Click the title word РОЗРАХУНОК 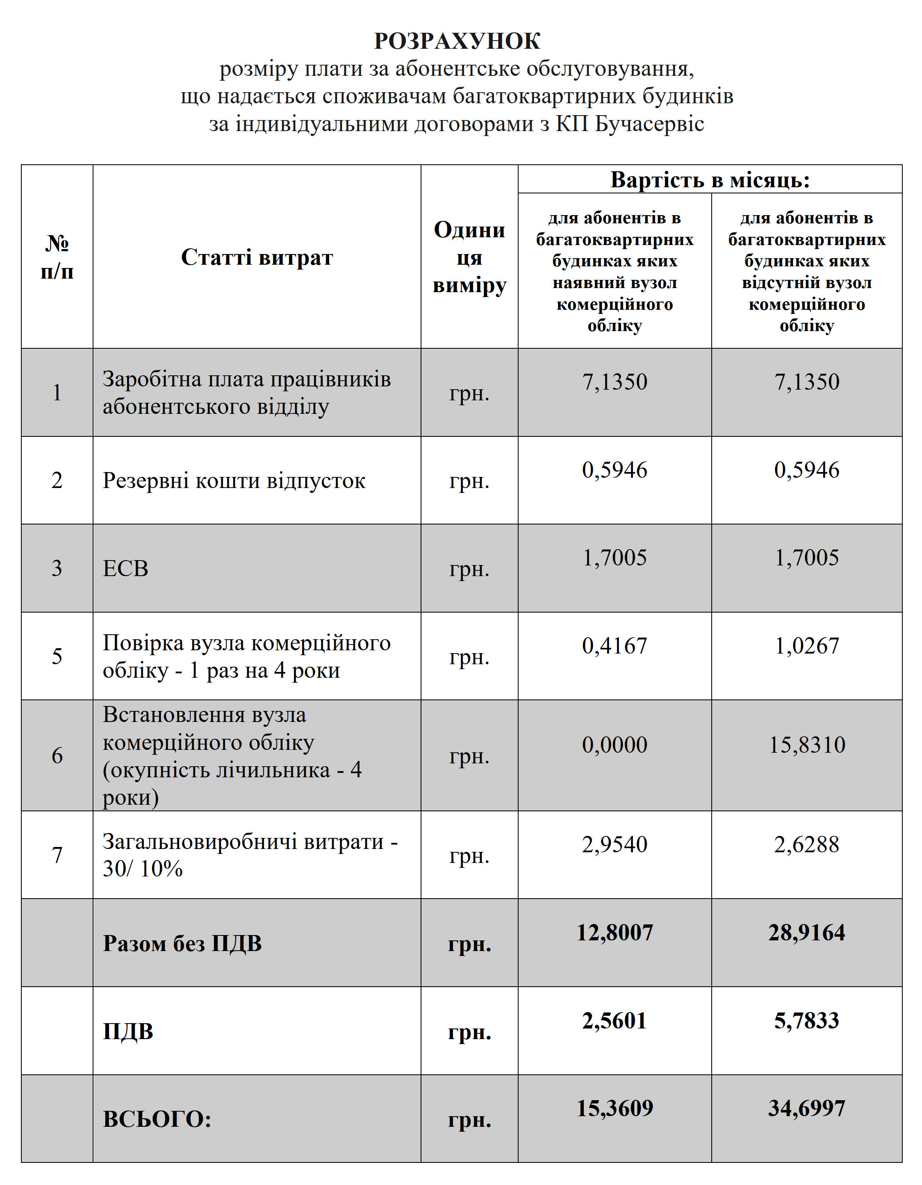(457, 41)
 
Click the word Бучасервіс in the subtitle (649, 124)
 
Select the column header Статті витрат (256, 257)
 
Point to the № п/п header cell (57, 257)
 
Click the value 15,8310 (807, 745)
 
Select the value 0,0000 (615, 745)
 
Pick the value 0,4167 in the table (615, 646)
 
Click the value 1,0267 (807, 646)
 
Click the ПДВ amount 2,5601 (615, 1021)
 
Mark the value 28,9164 (807, 933)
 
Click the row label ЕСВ (125, 569)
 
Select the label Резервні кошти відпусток (234, 481)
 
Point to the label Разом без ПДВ (182, 944)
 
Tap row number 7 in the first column (57, 856)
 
